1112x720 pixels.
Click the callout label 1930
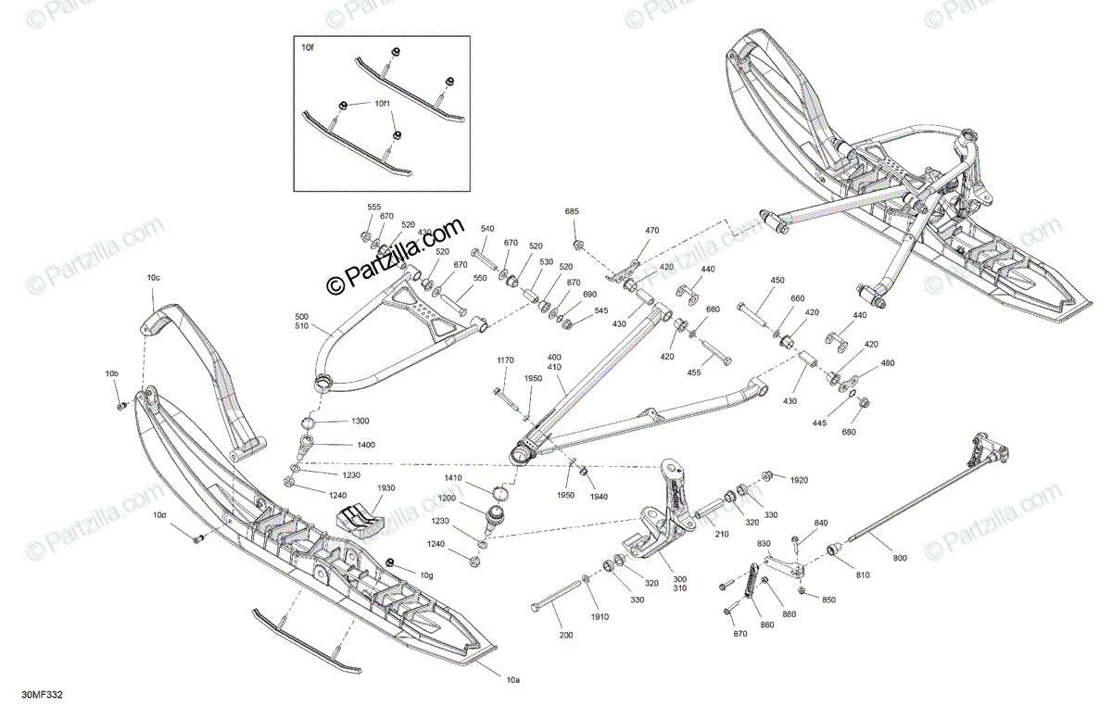coord(386,487)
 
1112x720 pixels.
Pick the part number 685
coord(572,212)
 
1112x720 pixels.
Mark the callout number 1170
coord(505,360)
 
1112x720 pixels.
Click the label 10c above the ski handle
coord(153,277)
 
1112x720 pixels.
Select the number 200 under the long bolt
coord(566,635)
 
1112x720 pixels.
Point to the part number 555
coord(374,207)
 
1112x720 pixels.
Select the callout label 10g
coord(426,576)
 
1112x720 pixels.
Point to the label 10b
coord(112,373)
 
